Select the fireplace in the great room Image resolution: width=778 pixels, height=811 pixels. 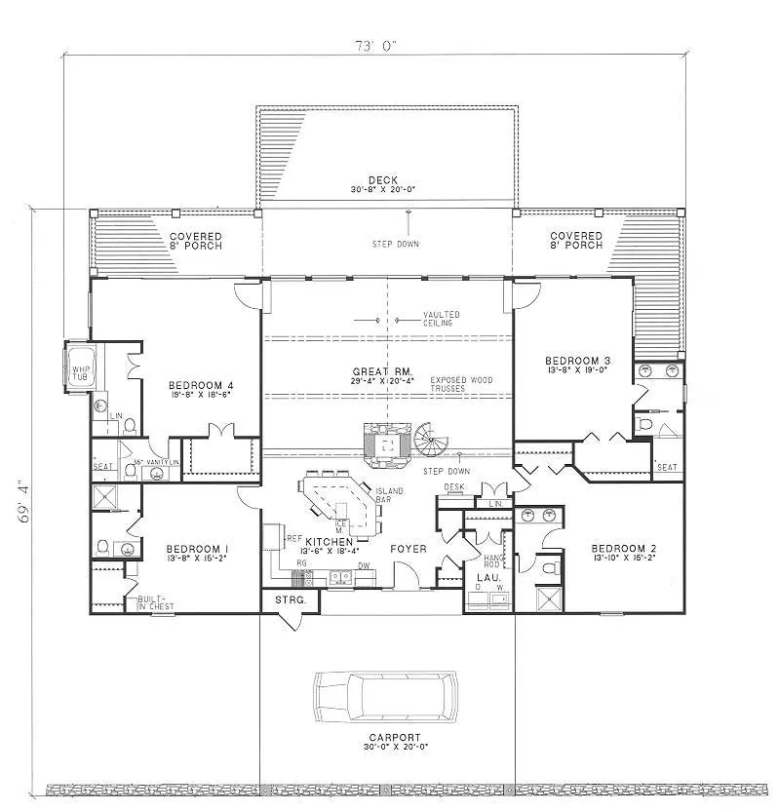(x=387, y=443)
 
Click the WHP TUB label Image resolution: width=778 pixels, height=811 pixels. (x=79, y=374)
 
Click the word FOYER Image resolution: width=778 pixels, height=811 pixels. (x=408, y=549)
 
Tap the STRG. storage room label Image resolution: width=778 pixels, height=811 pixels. (x=289, y=599)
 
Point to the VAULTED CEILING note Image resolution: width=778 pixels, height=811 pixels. (x=442, y=318)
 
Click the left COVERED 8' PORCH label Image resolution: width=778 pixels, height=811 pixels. (x=195, y=240)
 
